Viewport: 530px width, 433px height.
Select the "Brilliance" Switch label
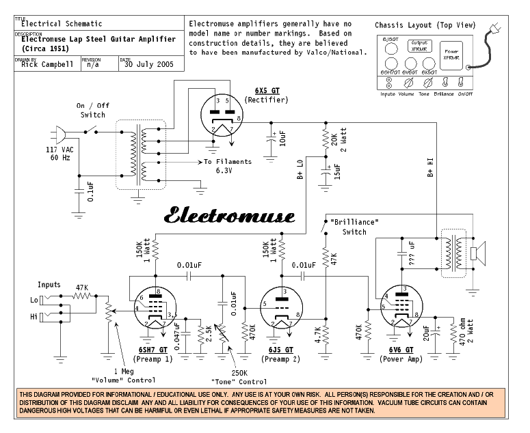coord(354,227)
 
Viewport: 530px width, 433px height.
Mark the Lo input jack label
coord(33,299)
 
